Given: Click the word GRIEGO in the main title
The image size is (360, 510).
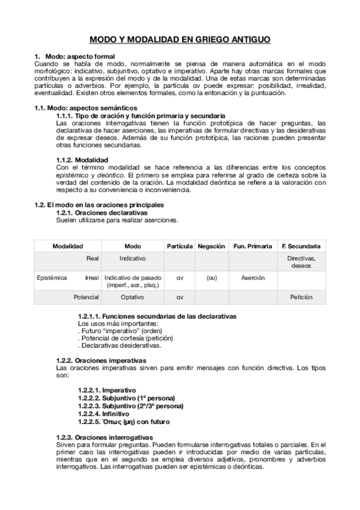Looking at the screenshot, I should [x=209, y=40].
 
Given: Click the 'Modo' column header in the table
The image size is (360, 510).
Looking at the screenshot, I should [x=132, y=246].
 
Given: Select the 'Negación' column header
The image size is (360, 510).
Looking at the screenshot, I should [x=212, y=246].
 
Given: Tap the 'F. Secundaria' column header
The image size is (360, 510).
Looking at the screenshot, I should [x=301, y=246].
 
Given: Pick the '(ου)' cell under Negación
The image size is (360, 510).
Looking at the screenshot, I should [x=212, y=278].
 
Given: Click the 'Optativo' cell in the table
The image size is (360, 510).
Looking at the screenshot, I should [x=132, y=297].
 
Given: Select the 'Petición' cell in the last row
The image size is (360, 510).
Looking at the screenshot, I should [x=301, y=297].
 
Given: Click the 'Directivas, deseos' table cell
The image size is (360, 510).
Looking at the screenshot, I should [x=301, y=261].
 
